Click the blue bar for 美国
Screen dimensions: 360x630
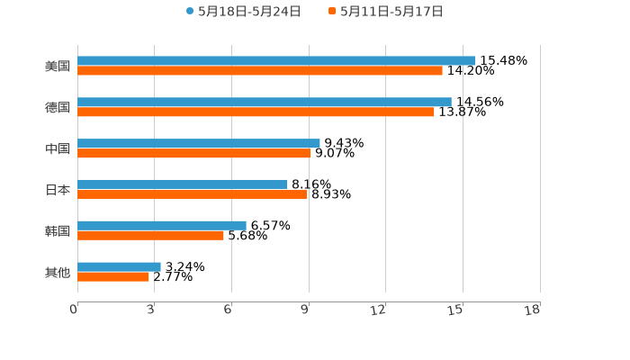pos(276,60)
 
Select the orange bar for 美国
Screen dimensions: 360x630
pos(260,71)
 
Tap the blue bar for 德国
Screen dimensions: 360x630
pos(265,102)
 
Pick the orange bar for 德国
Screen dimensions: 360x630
pos(256,112)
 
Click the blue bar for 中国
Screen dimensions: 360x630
pos(199,143)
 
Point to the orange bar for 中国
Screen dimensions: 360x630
pos(193,154)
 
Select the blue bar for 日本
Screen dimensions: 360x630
pos(183,184)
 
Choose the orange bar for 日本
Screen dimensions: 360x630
pos(192,194)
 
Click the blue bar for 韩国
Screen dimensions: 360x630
pos(162,225)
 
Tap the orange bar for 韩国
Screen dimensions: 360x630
pos(150,236)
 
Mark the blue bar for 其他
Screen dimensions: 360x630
pos(119,266)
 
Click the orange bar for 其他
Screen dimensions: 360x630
pos(113,277)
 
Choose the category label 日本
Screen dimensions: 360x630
pos(58,190)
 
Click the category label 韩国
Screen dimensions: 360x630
pos(58,231)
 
